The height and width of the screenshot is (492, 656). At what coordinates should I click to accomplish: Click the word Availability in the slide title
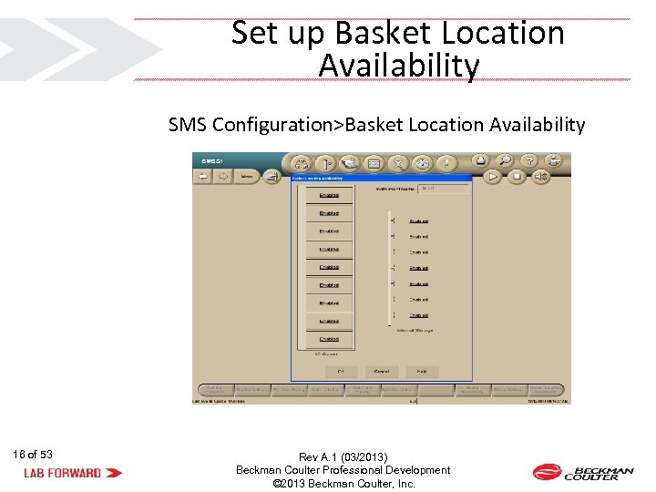(x=398, y=67)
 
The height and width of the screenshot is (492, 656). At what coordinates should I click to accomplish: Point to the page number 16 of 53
(x=34, y=455)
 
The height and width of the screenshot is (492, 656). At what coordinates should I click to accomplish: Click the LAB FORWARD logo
(x=73, y=473)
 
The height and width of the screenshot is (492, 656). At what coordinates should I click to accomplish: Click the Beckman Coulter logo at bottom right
(x=582, y=472)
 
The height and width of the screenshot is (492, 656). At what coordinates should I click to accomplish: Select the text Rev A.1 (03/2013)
(x=343, y=456)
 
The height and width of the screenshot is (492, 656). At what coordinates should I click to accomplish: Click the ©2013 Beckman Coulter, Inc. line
(x=343, y=484)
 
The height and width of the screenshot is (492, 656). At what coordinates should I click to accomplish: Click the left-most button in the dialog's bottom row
(x=340, y=372)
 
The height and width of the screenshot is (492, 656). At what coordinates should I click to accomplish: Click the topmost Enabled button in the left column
(x=329, y=195)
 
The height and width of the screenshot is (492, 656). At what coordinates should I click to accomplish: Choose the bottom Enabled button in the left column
(x=329, y=338)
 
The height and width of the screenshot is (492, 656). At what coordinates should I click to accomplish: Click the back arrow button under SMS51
(x=203, y=177)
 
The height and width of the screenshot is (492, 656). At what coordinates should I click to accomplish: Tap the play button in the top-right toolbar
(x=492, y=177)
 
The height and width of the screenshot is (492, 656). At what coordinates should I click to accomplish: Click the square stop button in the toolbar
(x=516, y=177)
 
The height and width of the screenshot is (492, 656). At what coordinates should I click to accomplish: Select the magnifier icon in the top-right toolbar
(x=504, y=161)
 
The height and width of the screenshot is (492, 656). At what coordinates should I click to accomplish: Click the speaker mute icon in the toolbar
(x=539, y=177)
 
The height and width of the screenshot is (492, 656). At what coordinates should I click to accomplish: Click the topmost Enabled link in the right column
(x=418, y=220)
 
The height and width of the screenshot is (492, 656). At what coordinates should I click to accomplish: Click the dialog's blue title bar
(x=380, y=179)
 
